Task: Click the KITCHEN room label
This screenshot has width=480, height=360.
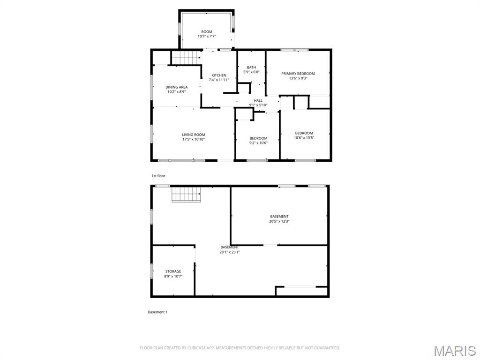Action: coord(218,75)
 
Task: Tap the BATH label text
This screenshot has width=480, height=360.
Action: coord(251,67)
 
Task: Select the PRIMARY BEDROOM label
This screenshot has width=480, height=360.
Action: coord(298,74)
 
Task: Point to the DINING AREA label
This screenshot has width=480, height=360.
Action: coord(176,87)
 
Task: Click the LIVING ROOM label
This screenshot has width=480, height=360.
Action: coord(194,135)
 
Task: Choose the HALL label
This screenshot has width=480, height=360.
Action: coord(258,100)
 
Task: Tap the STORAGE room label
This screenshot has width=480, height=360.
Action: coord(173,271)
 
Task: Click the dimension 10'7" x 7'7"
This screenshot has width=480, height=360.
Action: coord(207,36)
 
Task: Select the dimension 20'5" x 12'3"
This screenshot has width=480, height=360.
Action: coord(279,221)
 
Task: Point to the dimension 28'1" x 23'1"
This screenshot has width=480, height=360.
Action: coord(229,252)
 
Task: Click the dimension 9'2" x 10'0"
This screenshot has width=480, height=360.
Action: coord(258,143)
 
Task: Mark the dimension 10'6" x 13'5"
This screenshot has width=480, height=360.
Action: coord(304,138)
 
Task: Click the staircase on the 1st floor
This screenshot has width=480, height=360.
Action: coord(185,58)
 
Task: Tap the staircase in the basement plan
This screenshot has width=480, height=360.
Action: coord(186,194)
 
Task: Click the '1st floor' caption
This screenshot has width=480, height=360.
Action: coord(158,176)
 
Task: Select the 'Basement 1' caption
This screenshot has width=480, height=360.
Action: coord(157,312)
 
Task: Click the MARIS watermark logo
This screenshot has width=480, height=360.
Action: coord(454,351)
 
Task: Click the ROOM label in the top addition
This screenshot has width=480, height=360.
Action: coord(207,31)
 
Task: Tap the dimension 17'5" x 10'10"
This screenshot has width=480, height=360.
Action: coord(194,140)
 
